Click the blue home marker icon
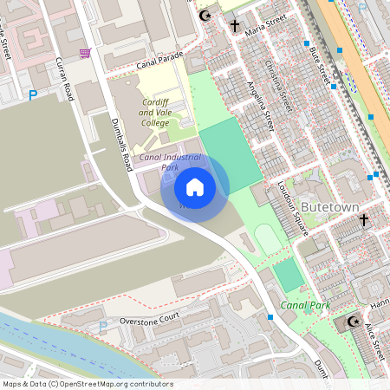(195, 186)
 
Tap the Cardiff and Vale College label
(155, 113)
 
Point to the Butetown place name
(328, 207)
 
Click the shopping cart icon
(84, 54)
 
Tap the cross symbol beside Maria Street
(235, 26)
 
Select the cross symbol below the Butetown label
(365, 221)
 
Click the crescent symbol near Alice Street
(353, 322)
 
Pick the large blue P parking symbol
(34, 95)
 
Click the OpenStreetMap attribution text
(88, 384)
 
